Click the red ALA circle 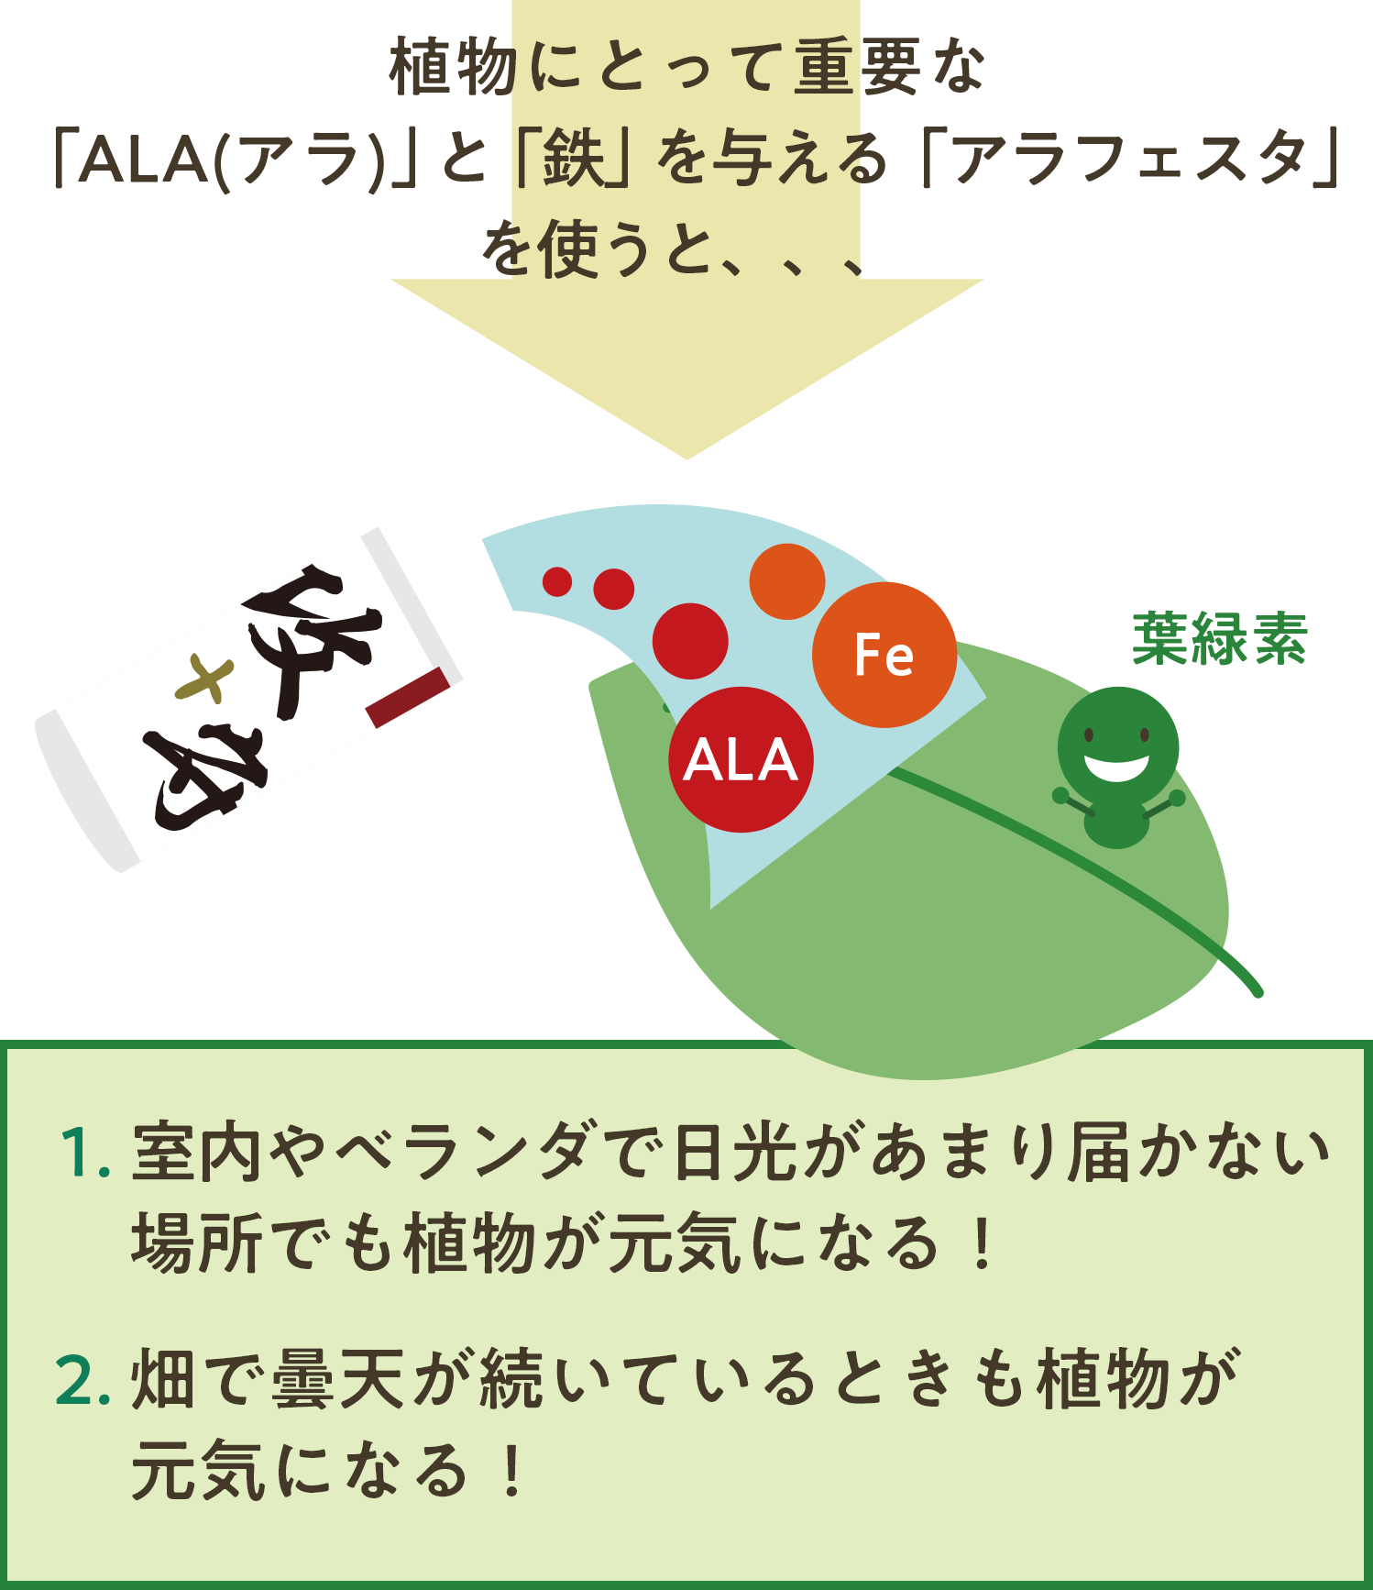pos(741,759)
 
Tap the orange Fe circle pos(884,655)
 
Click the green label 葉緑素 pos(1219,638)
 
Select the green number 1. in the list pos(84,1154)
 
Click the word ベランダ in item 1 pos(473,1152)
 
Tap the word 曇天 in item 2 pos(339,1379)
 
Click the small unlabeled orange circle pos(787,581)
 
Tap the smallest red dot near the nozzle pos(557,581)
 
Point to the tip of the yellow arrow pos(686,455)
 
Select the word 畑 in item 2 pos(162,1379)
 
